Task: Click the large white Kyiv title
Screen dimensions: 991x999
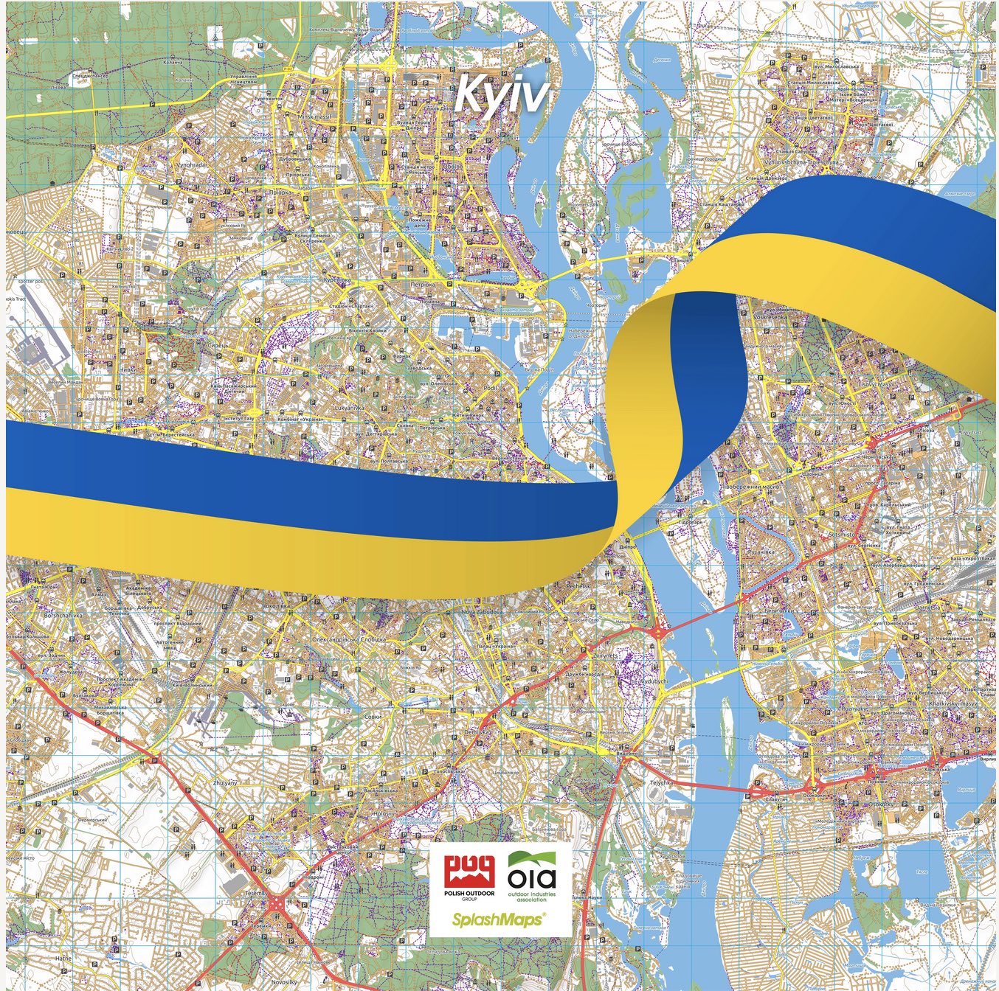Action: pos(502,94)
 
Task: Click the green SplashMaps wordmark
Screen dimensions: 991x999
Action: pos(499,919)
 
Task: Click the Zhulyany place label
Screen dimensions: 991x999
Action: pos(225,782)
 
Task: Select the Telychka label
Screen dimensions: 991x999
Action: pos(660,782)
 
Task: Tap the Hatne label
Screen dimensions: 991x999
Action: pos(63,958)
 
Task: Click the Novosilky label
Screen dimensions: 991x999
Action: pos(283,981)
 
